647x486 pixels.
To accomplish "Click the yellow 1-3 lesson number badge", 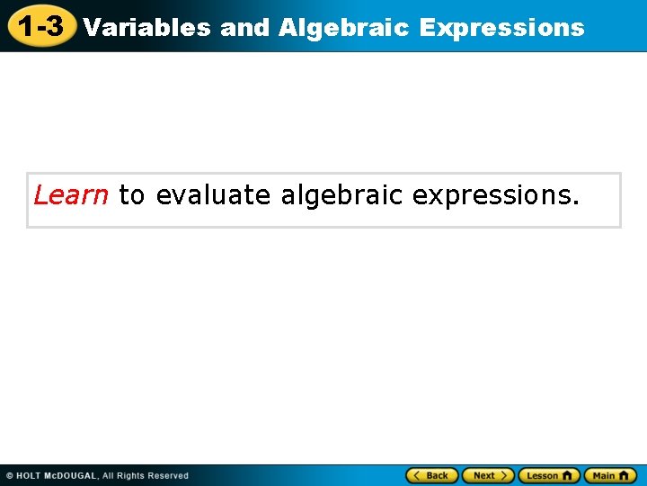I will coord(40,26).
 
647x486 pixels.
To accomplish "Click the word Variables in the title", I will coord(146,28).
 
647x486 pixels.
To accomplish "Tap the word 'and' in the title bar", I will coord(244,28).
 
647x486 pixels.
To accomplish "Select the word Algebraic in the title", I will coord(344,28).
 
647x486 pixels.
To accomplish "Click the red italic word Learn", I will coord(71,194).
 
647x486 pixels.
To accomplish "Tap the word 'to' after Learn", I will coord(131,194).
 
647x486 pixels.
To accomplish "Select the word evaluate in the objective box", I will coord(213,194).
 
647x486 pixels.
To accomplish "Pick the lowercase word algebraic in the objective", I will coord(341,194).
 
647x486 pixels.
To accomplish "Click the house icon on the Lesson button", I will coord(568,475).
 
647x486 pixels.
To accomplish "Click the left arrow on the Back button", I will coord(417,475).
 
